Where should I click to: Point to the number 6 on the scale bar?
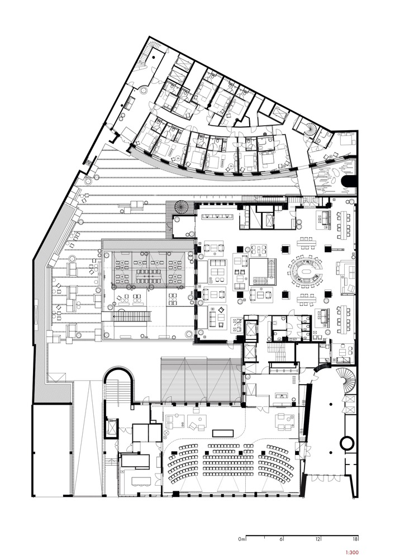281,539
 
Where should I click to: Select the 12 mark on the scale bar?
317,539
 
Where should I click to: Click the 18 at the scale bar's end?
354,539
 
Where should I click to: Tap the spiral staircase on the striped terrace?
182,207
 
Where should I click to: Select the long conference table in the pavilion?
148,274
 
